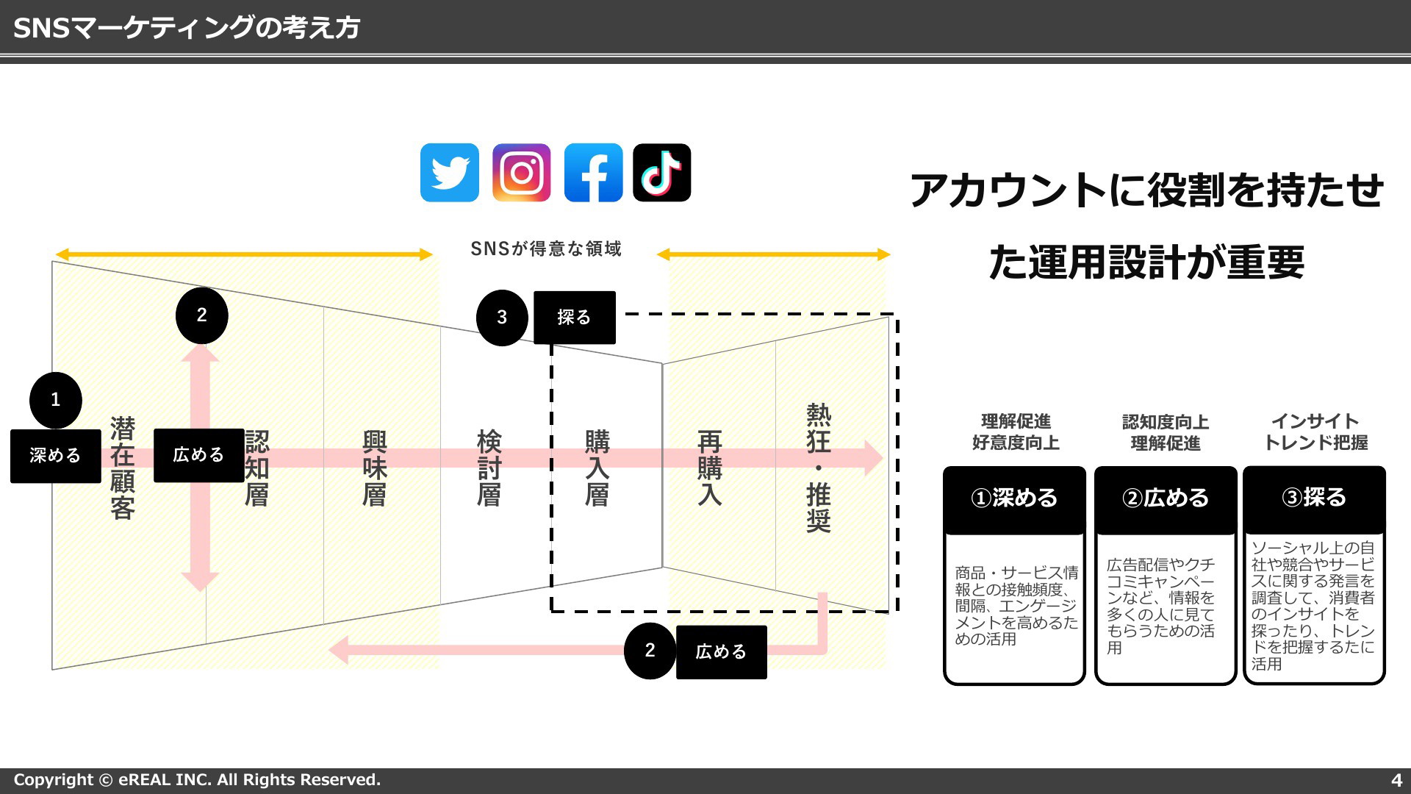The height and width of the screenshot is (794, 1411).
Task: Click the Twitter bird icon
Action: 449,173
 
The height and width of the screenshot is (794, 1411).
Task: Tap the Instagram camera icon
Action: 521,173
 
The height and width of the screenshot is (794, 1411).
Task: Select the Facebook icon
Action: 593,173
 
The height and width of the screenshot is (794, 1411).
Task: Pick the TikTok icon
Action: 661,173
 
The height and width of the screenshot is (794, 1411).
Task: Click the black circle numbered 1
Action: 55,400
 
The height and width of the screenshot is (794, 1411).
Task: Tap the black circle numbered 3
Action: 502,318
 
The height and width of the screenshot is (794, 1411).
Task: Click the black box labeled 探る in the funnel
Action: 574,318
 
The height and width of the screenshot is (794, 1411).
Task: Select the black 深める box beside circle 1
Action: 55,456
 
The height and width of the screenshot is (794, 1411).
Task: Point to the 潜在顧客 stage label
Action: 123,468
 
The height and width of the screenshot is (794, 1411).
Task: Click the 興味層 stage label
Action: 374,468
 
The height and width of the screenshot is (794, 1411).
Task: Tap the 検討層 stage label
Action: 489,468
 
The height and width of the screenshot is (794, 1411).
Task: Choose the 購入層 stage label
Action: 597,468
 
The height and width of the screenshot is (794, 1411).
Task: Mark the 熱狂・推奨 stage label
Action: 819,468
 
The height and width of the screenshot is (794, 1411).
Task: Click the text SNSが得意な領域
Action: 546,249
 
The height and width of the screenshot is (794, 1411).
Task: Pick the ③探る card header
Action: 1314,498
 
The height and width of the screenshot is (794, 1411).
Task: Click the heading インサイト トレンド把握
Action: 1315,432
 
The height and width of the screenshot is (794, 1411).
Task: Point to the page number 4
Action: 1396,780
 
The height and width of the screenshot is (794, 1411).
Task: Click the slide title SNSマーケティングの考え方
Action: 187,28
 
